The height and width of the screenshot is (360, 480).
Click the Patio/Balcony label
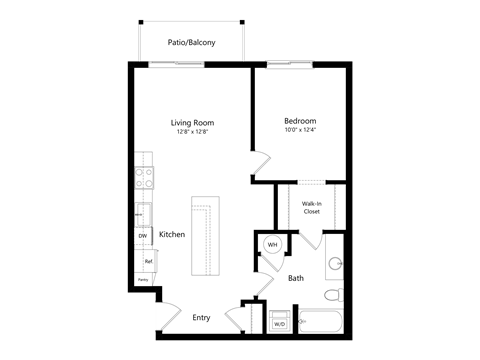point(190,42)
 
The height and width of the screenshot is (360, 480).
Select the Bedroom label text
point(300,120)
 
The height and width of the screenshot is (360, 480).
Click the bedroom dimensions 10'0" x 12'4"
point(300,130)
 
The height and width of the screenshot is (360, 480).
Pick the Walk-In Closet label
point(311,208)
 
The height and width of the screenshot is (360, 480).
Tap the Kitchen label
point(172,234)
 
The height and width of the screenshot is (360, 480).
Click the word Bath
point(296,278)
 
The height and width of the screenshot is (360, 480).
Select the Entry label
point(201,318)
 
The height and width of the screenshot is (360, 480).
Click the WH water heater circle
point(272,243)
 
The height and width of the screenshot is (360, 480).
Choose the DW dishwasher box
point(142,236)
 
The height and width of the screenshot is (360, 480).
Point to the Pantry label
point(142,281)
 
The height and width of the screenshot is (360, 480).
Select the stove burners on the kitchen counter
point(143,178)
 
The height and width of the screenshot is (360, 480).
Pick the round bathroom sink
point(336,263)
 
